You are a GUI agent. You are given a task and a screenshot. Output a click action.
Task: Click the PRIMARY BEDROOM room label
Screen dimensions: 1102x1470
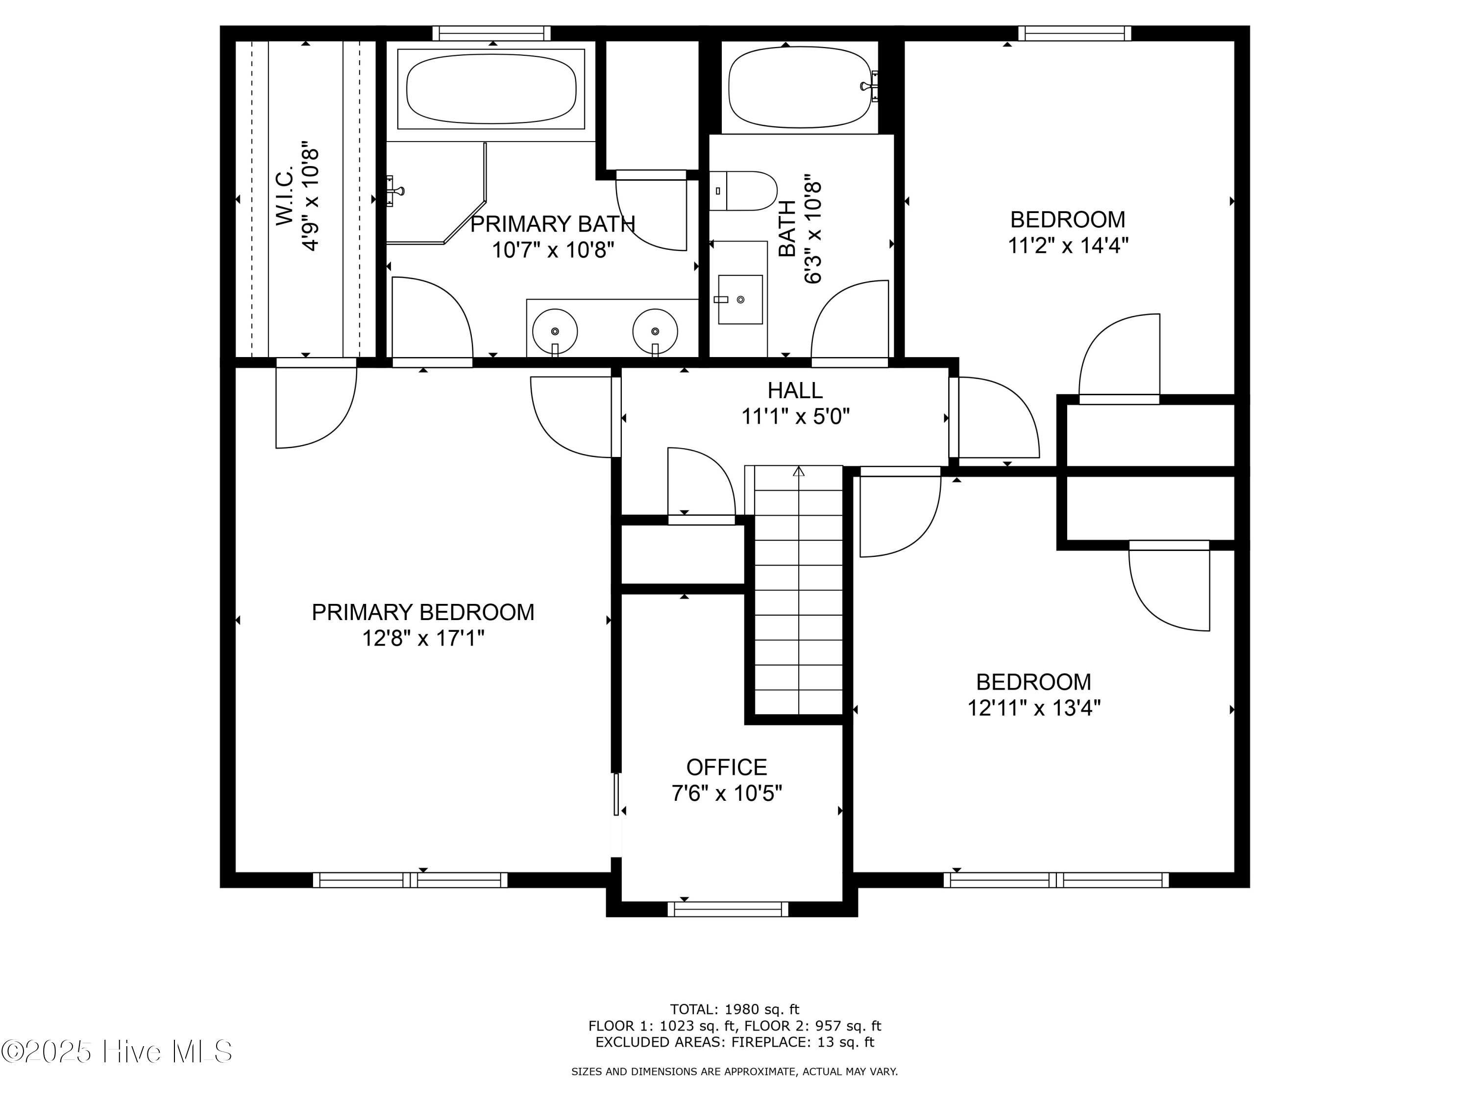[423, 612]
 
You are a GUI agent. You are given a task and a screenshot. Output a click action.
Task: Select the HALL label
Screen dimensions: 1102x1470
[795, 390]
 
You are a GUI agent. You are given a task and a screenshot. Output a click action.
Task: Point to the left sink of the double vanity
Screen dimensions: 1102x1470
[555, 330]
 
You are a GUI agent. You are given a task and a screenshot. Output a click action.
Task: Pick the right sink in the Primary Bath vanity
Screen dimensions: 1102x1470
[655, 330]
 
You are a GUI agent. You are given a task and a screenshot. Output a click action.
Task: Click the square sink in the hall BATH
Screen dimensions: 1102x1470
[740, 300]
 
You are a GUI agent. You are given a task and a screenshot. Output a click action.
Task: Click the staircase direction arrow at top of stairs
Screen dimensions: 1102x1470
[799, 472]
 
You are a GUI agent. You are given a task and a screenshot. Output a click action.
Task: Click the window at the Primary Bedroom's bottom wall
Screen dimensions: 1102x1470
[410, 880]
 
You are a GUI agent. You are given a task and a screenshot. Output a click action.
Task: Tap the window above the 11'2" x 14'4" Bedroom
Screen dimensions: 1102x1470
[1074, 33]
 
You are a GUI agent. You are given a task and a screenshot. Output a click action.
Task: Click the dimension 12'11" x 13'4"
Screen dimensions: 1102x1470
[1033, 708]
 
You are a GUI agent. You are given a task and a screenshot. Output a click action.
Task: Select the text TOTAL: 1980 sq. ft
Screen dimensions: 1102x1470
[735, 1009]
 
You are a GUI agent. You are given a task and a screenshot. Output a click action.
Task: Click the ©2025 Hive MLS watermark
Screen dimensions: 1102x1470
[117, 1052]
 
